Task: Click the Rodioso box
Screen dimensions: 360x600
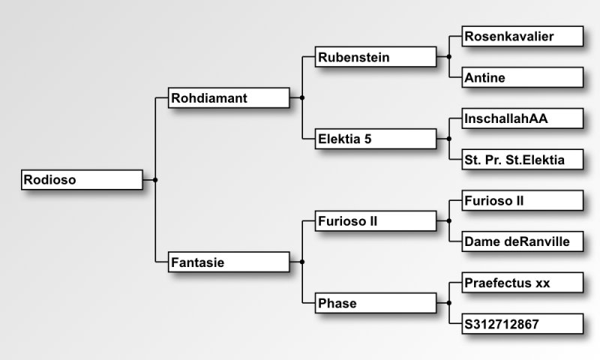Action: tap(82, 180)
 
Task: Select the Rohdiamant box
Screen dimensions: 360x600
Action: tap(229, 97)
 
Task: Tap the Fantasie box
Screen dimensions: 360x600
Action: tap(229, 262)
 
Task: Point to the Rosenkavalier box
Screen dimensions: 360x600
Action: tap(523, 36)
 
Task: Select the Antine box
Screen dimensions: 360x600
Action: tap(523, 77)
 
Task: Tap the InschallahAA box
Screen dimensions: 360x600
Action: tap(523, 118)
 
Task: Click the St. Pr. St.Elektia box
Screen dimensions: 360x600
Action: tap(523, 159)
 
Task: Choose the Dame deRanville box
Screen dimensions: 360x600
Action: tap(523, 241)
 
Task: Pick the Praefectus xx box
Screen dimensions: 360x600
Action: tap(523, 283)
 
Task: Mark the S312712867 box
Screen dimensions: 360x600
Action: tap(523, 324)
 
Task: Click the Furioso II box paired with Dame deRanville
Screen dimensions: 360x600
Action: tap(523, 201)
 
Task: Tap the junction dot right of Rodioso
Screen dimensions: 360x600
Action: tap(155, 180)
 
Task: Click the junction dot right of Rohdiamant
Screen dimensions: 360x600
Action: tap(302, 97)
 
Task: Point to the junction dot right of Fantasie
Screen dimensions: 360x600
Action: tap(302, 262)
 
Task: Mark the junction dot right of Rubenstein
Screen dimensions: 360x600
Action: tap(448, 57)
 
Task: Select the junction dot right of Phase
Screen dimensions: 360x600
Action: tap(448, 303)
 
